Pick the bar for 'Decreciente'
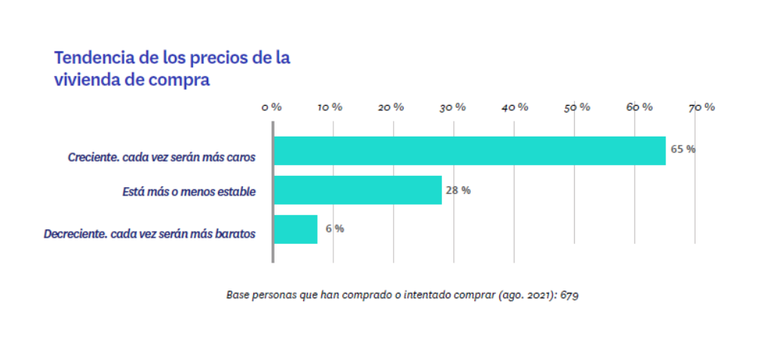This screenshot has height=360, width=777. pos(295,229)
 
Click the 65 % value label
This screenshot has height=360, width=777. pos(683,149)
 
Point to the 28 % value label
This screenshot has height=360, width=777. pos(458,190)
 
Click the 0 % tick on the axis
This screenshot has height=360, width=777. pos(272,107)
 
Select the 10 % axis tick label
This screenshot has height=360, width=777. pos(330,107)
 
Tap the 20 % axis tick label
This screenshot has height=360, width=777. pos(391,107)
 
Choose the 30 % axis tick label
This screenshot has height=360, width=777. pos(452,107)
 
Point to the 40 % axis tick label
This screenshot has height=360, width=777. pos(514,107)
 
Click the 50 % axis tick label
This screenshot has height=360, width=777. pos(576,107)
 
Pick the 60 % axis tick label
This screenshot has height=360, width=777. pos(638,107)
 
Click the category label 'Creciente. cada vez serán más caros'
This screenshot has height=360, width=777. pos(161,158)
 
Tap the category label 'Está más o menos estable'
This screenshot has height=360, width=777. pos(189,192)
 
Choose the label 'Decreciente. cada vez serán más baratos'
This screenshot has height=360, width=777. pos(149,234)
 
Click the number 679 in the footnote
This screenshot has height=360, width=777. pos(570,295)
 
